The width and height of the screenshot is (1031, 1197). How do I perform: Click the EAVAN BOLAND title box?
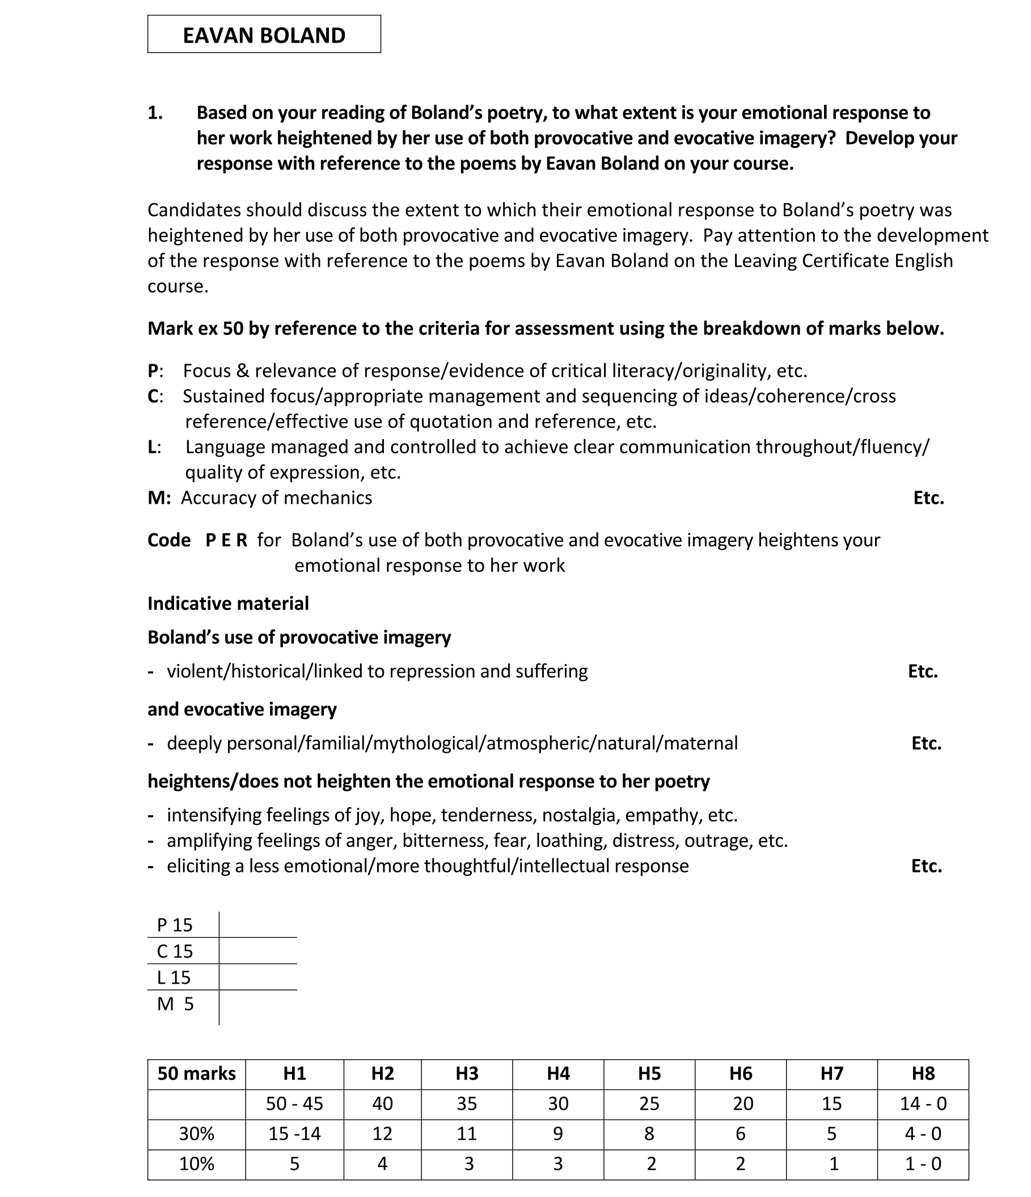264,35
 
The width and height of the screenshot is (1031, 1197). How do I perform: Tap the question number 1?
155,113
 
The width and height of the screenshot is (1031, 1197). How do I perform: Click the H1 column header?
294,1073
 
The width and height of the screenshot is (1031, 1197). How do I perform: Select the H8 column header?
923,1073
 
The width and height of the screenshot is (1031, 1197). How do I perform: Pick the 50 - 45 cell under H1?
294,1103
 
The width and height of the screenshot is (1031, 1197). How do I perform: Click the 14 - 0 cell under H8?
923,1103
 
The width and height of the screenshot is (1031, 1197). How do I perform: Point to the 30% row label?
196,1133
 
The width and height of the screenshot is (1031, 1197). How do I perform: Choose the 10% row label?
196,1164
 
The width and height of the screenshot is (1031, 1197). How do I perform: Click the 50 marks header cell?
196,1073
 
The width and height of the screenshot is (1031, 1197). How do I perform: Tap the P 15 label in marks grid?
175,925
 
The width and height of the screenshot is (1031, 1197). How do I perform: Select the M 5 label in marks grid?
175,1004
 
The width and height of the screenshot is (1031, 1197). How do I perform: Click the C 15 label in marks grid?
175,951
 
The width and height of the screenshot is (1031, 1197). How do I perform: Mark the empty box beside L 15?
257,977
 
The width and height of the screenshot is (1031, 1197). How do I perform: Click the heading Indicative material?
228,604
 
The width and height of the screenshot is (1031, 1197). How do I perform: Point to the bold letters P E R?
226,540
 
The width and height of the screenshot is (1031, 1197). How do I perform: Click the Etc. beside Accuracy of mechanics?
928,498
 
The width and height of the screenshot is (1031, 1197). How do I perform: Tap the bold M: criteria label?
159,498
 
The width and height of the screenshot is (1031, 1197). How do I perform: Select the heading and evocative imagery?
242,710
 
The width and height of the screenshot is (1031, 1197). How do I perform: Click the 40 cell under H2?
382,1103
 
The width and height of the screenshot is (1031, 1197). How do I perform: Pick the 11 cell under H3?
467,1133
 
